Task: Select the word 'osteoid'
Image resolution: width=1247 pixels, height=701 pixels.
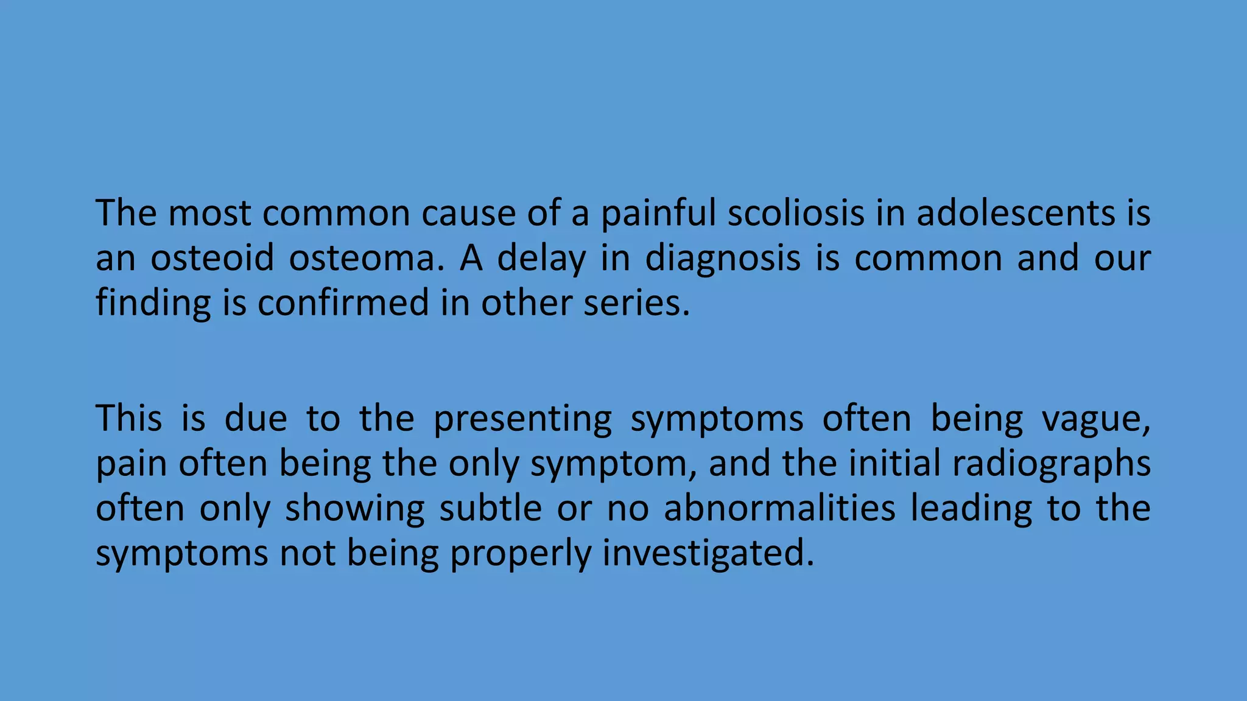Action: coord(213,257)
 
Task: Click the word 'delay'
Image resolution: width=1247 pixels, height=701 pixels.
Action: coord(541,259)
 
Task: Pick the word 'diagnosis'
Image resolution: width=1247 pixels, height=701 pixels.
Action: coord(723,259)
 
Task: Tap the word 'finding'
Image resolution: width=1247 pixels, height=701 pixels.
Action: coord(153,304)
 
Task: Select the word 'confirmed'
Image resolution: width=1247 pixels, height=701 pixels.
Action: coord(343,302)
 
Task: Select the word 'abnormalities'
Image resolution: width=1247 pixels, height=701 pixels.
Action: coord(780,508)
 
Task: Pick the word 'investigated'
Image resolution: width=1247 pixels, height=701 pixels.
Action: coord(708,553)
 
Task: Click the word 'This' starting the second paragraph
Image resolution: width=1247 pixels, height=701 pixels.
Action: coord(129,419)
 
